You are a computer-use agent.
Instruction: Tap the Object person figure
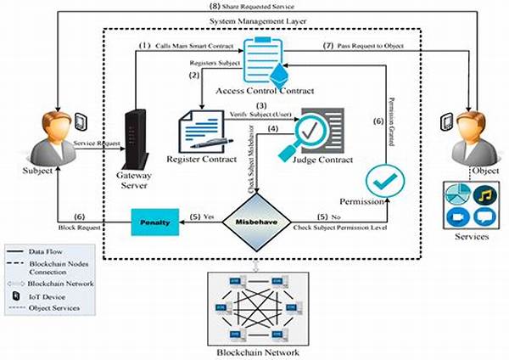pos(470,131)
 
